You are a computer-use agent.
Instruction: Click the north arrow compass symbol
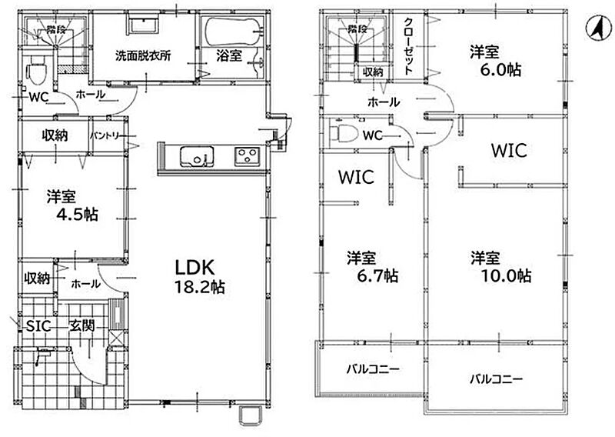point(599,29)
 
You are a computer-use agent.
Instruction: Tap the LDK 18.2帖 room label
point(199,277)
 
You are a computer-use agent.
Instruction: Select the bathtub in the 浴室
point(233,32)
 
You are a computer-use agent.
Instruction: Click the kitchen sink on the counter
point(197,157)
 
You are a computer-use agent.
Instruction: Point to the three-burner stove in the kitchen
point(247,155)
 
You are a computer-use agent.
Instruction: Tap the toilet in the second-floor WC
point(344,133)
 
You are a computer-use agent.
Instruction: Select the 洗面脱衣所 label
point(143,55)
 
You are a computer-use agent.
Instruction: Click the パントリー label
point(107,136)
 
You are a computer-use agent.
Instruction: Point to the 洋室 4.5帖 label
point(71,205)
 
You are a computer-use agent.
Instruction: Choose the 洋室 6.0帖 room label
point(495,61)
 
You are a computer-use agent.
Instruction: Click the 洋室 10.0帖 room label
point(501,267)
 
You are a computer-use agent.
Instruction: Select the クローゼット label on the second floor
point(408,46)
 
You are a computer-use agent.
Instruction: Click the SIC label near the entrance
point(38,326)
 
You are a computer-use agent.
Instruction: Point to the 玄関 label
point(82,325)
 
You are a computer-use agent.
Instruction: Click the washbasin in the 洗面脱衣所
point(143,26)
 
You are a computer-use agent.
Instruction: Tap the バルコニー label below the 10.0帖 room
point(496,379)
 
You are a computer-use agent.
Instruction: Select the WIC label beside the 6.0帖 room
point(509,150)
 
